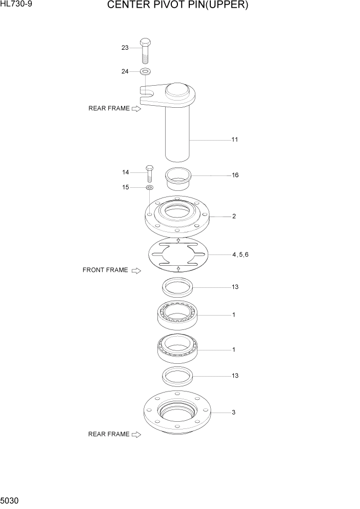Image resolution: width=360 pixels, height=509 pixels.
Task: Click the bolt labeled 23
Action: [145, 49]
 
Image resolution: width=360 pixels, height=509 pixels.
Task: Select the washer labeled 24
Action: [145, 71]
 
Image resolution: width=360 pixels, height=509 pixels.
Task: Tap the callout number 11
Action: [234, 140]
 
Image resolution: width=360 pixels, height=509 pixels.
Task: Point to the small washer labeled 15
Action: [149, 188]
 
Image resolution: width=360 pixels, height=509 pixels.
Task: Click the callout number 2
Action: [234, 217]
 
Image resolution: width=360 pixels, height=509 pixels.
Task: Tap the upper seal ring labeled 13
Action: [177, 287]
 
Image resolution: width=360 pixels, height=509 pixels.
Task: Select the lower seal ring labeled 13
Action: [177, 376]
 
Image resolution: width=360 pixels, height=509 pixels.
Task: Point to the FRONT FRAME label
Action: [105, 270]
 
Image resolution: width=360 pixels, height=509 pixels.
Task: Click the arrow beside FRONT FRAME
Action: [136, 270]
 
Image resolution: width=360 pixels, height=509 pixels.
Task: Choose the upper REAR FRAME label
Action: [109, 108]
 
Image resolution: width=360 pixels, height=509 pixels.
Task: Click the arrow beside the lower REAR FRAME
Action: [136, 435]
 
